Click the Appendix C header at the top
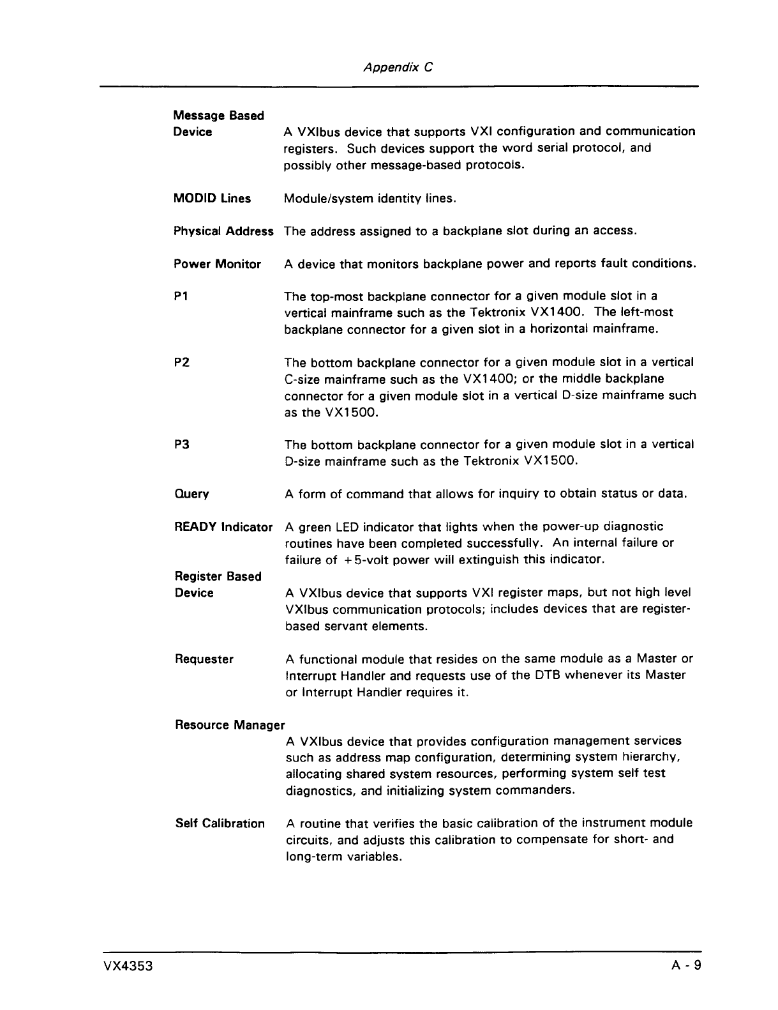click(398, 66)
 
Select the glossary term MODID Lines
click(212, 198)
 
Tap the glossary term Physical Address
click(223, 231)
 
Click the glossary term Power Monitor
click(217, 264)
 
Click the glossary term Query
click(191, 494)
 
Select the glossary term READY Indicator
click(223, 527)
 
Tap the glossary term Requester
click(204, 659)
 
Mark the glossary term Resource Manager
click(230, 725)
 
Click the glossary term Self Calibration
click(220, 823)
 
